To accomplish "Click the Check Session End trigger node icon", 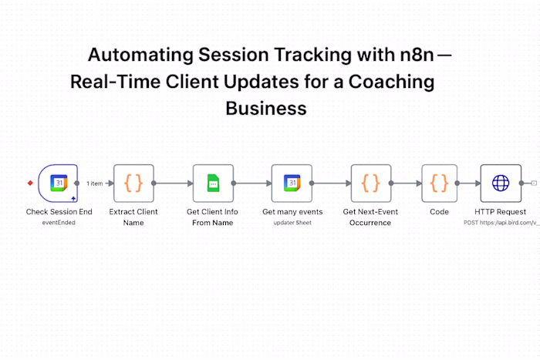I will (x=59, y=183).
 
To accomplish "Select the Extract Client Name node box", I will (x=133, y=183).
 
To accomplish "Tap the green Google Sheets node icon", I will (x=213, y=183).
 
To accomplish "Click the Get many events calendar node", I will (x=292, y=183).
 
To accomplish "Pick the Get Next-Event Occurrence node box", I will (x=370, y=183).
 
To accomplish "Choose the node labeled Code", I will (x=439, y=183).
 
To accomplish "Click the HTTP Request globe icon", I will (x=501, y=183).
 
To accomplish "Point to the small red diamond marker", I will (x=30, y=183).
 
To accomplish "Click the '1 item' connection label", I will (x=94, y=183).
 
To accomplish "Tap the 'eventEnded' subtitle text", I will (x=59, y=222).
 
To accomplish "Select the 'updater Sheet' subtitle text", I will (x=292, y=222).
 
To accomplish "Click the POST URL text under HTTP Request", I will (x=501, y=222).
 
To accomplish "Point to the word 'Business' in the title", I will (x=265, y=109).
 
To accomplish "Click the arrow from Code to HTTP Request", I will (x=467, y=183).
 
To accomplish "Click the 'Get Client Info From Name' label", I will (x=213, y=217).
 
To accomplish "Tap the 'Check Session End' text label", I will (x=59, y=211).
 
